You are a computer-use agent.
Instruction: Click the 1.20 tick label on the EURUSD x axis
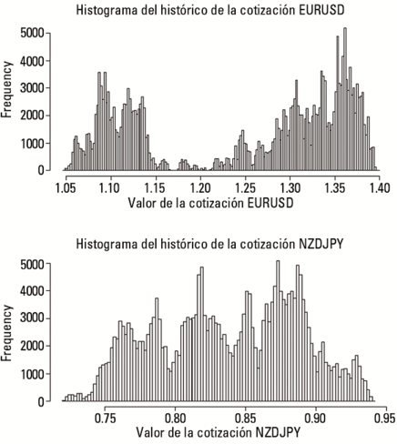click(200, 188)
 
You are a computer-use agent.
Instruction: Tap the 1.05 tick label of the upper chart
click(66, 188)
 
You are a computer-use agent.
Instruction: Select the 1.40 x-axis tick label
click(380, 188)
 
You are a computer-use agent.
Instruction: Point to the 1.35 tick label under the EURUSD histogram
click(335, 188)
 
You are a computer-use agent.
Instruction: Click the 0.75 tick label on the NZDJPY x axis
click(105, 419)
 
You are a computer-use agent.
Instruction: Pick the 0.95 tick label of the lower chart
click(385, 419)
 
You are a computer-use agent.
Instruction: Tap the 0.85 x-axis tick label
click(246, 419)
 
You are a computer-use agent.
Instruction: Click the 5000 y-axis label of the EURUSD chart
click(32, 33)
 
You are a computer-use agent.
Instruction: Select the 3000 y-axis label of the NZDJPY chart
click(32, 318)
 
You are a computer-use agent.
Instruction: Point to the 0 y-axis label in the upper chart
click(41, 171)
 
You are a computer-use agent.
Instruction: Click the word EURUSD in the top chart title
click(321, 10)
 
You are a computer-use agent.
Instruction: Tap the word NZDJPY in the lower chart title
click(321, 244)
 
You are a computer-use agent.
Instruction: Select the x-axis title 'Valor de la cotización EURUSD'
click(210, 203)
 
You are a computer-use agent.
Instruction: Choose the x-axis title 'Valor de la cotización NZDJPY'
click(219, 432)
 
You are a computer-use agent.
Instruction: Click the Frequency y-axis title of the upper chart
click(6, 89)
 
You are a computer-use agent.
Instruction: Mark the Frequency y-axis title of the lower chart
click(6, 333)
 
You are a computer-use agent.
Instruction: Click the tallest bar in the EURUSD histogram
click(345, 99)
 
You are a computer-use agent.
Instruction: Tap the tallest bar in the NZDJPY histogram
click(278, 331)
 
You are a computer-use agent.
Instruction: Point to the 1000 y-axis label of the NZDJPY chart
click(32, 374)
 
